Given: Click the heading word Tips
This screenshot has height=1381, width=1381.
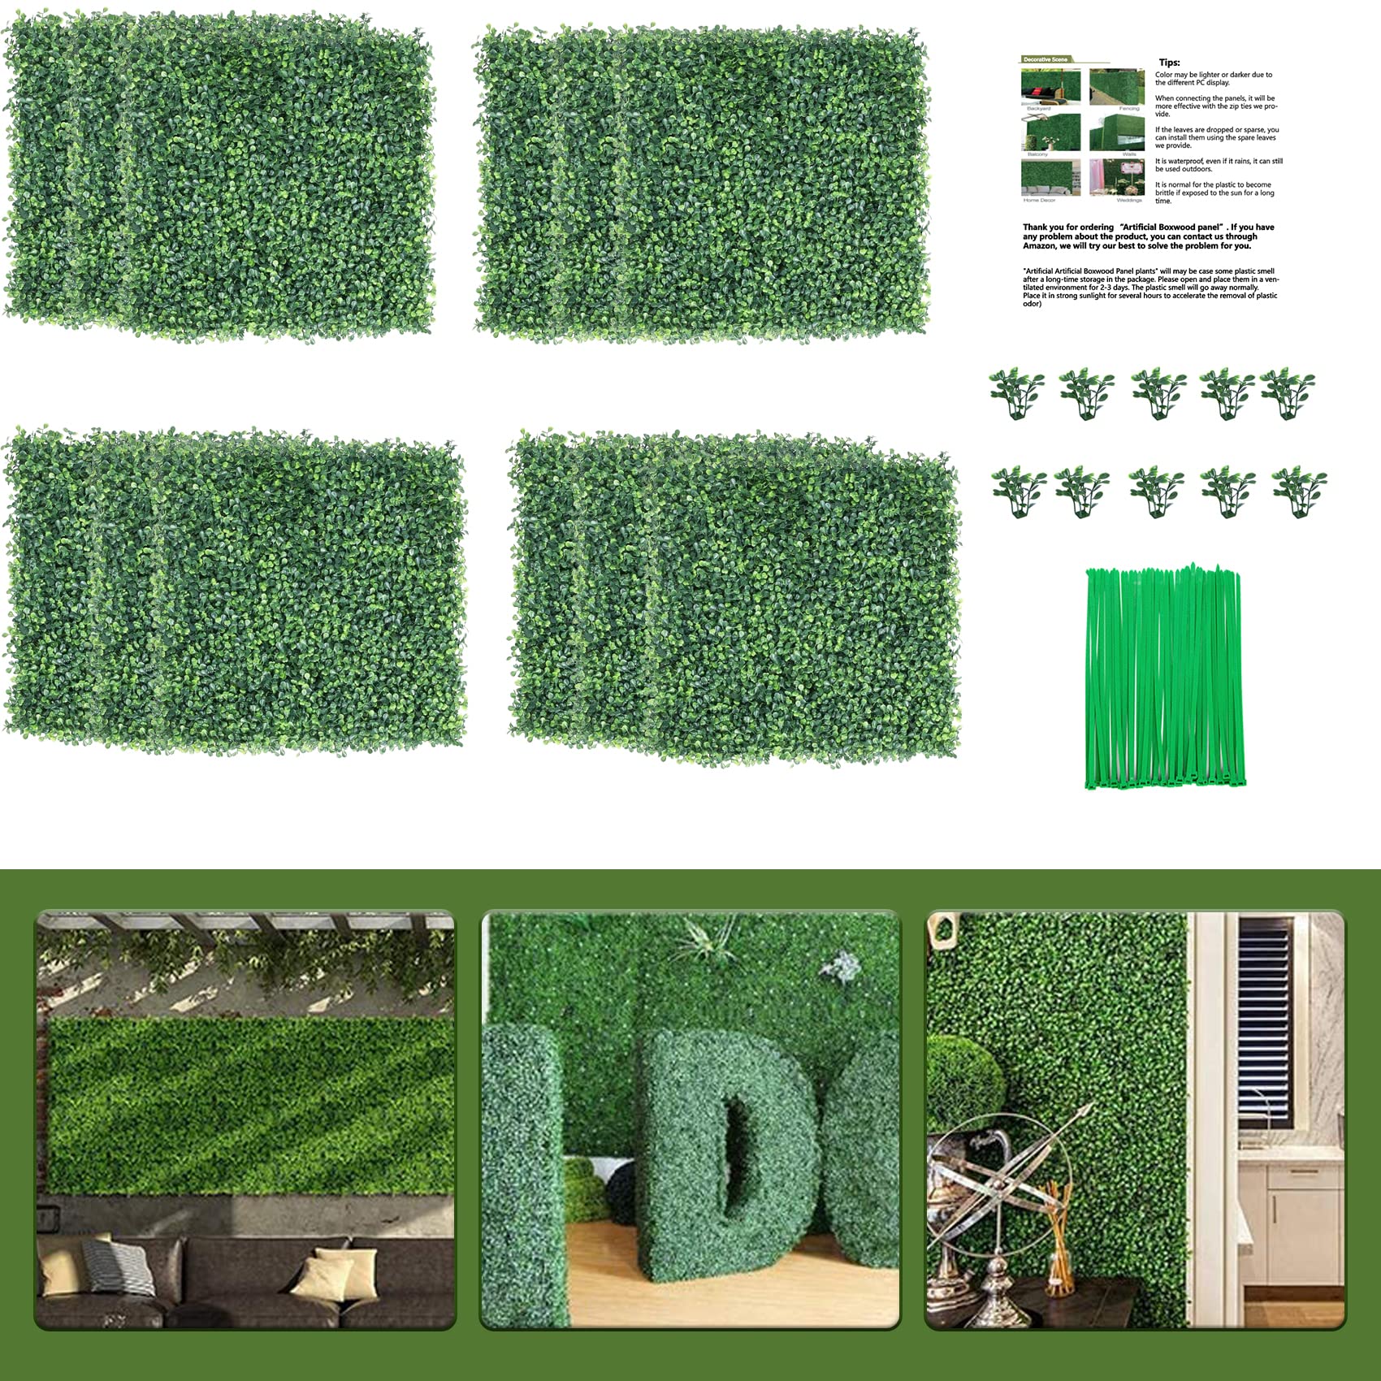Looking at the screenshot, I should pyautogui.click(x=1169, y=63).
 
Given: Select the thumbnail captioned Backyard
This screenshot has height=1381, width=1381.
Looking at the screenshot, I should pyautogui.click(x=1050, y=86).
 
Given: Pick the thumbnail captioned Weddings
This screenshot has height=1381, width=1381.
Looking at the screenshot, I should pyautogui.click(x=1118, y=177).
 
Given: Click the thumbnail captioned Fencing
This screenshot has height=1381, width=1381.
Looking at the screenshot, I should pyautogui.click(x=1118, y=86).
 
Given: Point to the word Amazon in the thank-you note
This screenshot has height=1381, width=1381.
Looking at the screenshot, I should pyautogui.click(x=1039, y=245).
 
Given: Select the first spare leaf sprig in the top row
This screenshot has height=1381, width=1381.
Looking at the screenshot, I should pyautogui.click(x=1016, y=392).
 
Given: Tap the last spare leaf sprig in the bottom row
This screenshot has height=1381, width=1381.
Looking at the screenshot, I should pyautogui.click(x=1299, y=491).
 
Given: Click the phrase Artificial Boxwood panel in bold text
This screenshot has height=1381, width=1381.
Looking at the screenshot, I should pyautogui.click(x=1171, y=227).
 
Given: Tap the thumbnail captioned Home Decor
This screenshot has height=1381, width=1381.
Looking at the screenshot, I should pyautogui.click(x=1050, y=177).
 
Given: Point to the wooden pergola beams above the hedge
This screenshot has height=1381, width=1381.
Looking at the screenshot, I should pyautogui.click(x=244, y=923).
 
